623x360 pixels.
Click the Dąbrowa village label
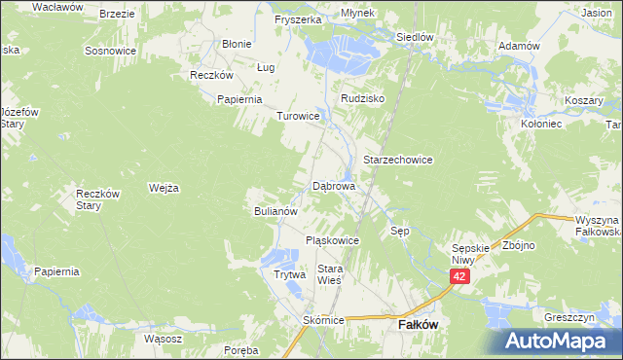coord(334,185)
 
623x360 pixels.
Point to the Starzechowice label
coord(397,159)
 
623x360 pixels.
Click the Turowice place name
coord(298,116)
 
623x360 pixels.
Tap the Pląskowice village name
coord(333,240)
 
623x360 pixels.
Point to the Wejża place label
coord(164,188)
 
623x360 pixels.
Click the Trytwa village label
coord(289,274)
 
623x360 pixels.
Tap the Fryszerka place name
coord(298,19)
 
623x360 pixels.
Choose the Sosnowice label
coord(108,50)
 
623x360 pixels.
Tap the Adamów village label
coord(518,46)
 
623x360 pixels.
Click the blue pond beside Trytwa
coord(280,257)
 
